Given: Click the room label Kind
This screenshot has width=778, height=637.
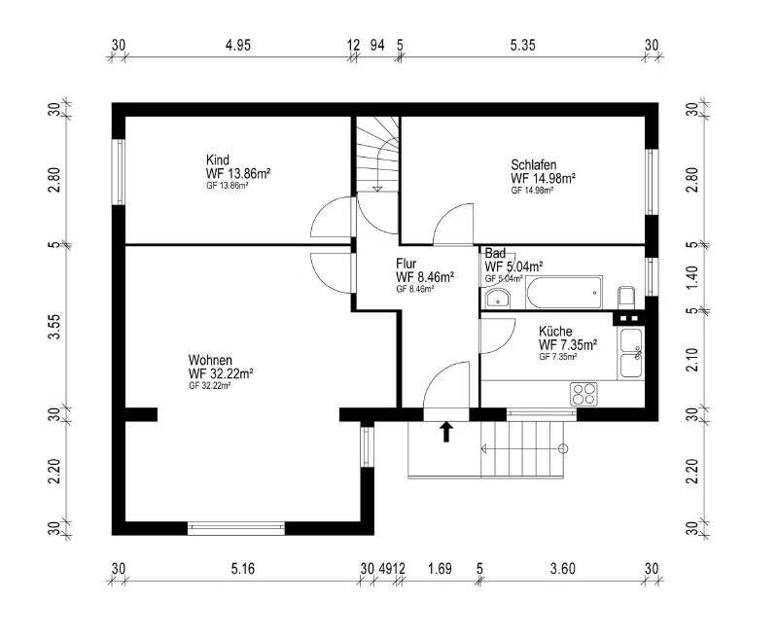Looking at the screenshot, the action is (217, 159).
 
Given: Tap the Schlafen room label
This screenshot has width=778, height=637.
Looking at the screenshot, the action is (533, 164).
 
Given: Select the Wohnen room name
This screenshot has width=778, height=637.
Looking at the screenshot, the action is (210, 360).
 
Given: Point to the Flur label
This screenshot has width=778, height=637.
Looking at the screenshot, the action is (406, 264).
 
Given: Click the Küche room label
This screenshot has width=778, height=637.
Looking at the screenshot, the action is (555, 331).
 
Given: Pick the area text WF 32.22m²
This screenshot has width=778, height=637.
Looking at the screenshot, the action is (221, 373).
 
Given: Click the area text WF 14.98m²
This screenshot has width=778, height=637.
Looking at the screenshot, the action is (544, 178).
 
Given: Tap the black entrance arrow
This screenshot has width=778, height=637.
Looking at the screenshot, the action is (446, 432).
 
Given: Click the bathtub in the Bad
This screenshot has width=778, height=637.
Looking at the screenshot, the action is (564, 293).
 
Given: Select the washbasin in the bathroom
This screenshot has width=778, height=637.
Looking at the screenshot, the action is (497, 299).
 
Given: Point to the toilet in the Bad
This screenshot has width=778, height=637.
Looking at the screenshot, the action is (627, 297).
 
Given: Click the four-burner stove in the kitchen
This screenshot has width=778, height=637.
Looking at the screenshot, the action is (583, 394).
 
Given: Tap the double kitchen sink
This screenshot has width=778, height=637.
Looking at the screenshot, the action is (630, 353).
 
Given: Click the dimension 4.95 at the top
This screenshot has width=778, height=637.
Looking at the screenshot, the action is (238, 45).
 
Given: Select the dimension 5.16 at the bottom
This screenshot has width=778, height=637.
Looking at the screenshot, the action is (242, 569).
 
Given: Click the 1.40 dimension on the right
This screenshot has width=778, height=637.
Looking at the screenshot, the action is (693, 278).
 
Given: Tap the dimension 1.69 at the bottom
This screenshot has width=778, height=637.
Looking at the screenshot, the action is (441, 569).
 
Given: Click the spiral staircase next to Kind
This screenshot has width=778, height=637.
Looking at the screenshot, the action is (378, 154).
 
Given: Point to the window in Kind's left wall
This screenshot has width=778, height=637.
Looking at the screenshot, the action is (119, 172).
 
